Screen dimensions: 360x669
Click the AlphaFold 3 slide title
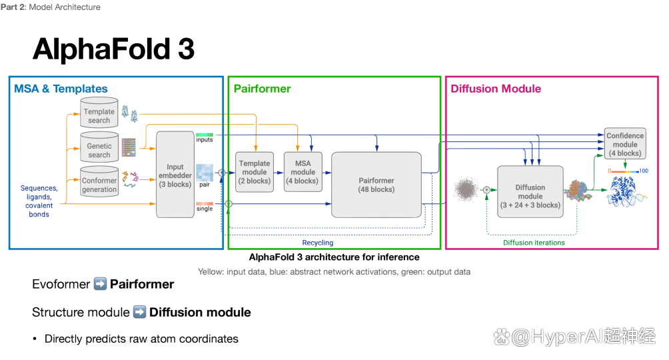[113, 49]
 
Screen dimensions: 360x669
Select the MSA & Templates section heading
[61, 89]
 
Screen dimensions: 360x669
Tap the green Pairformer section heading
[262, 89]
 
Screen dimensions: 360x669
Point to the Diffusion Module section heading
[496, 89]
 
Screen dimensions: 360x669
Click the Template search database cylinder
[99, 113]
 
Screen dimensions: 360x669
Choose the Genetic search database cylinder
[99, 147]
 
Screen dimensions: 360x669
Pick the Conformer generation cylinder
[99, 181]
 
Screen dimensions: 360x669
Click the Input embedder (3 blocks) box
[175, 175]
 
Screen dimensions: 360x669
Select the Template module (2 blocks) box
[255, 172]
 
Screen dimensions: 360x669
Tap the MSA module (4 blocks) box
[303, 172]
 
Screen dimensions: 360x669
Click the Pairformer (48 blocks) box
[376, 184]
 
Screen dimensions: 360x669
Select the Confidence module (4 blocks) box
[625, 144]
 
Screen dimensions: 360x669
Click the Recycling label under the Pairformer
[317, 243]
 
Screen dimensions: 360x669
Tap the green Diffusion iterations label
[534, 243]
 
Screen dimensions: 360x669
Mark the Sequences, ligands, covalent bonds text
[39, 201]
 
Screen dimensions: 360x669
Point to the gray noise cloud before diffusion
[466, 190]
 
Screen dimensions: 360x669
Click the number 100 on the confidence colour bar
[643, 171]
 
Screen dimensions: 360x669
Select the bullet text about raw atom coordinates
[141, 339]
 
